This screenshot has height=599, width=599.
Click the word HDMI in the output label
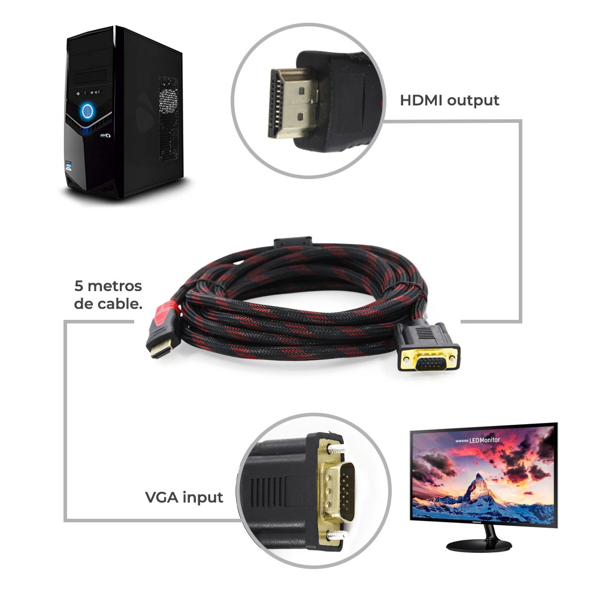tap(421, 101)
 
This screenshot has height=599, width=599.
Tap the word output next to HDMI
tap(473, 101)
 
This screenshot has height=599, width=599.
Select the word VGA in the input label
tap(162, 497)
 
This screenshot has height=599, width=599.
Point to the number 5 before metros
tap(78, 286)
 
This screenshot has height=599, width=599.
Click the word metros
tap(114, 286)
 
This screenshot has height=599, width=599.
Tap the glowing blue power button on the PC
tap(87, 111)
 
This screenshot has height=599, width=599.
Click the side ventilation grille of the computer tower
tap(168, 119)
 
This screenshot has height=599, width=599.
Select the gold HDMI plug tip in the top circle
tap(293, 102)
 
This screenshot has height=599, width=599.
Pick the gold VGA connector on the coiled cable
tap(428, 358)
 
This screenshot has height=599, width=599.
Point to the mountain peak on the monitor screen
tap(477, 476)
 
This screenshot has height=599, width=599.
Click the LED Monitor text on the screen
tap(485, 440)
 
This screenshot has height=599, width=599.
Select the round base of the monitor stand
tap(479, 546)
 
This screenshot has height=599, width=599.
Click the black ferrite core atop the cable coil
tap(293, 242)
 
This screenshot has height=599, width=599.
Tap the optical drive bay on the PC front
tap(90, 77)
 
